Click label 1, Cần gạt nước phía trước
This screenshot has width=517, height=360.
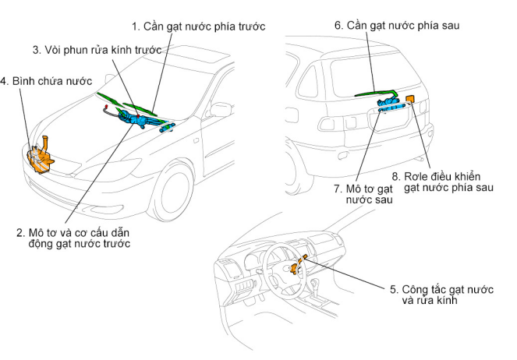click(x=198, y=26)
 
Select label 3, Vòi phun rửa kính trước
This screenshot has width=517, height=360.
click(x=97, y=50)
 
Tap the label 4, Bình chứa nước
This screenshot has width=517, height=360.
click(x=46, y=80)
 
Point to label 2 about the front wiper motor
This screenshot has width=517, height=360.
click(x=73, y=237)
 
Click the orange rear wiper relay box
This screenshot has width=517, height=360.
click(x=410, y=101)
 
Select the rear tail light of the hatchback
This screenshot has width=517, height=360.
click(x=327, y=123)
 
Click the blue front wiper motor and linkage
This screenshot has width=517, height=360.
click(x=140, y=119)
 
